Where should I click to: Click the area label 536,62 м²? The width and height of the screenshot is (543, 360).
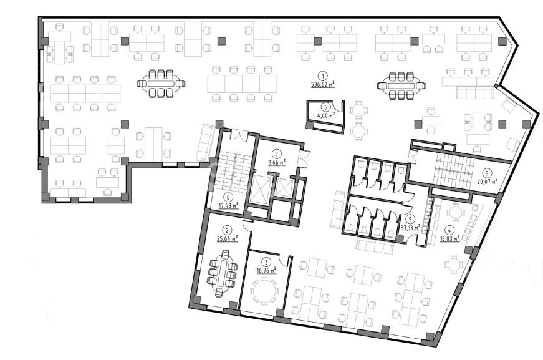point(323,84)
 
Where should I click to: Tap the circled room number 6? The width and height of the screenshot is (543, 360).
point(325,107)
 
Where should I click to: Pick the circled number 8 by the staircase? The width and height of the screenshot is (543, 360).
point(228,198)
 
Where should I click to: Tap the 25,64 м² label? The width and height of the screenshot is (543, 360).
point(227,238)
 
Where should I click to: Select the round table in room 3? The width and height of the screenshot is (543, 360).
point(265,291)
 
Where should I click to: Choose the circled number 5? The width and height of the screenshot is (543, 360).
point(410,219)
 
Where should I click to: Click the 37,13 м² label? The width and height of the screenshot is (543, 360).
point(410,228)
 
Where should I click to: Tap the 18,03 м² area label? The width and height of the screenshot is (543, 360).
point(449,238)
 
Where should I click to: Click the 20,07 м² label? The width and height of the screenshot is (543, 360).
point(488,181)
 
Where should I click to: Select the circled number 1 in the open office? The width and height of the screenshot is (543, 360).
point(323,75)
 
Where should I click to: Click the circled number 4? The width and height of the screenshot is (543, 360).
point(449,230)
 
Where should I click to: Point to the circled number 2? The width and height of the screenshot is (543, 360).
point(227,230)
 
